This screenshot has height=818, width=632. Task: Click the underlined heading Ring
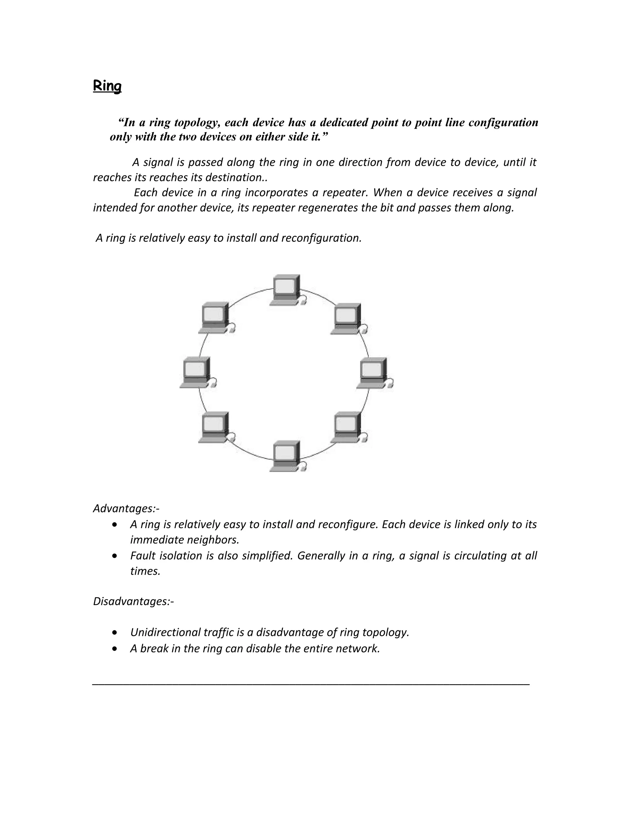[x=107, y=86]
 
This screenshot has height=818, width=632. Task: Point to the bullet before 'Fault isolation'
[x=114, y=556]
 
